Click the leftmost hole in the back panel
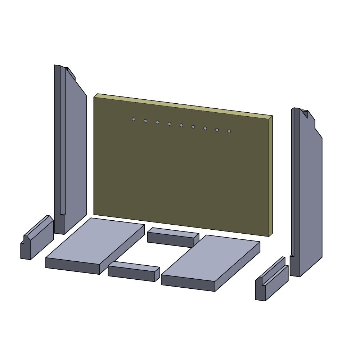(x=134, y=119)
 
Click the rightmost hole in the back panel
(x=229, y=131)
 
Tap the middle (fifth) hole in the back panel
(x=181, y=125)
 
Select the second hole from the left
(x=145, y=121)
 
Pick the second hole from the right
(x=217, y=130)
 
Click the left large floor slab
(x=95, y=241)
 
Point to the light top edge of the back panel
(x=184, y=105)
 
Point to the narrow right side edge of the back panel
(x=270, y=176)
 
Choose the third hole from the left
(x=157, y=122)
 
